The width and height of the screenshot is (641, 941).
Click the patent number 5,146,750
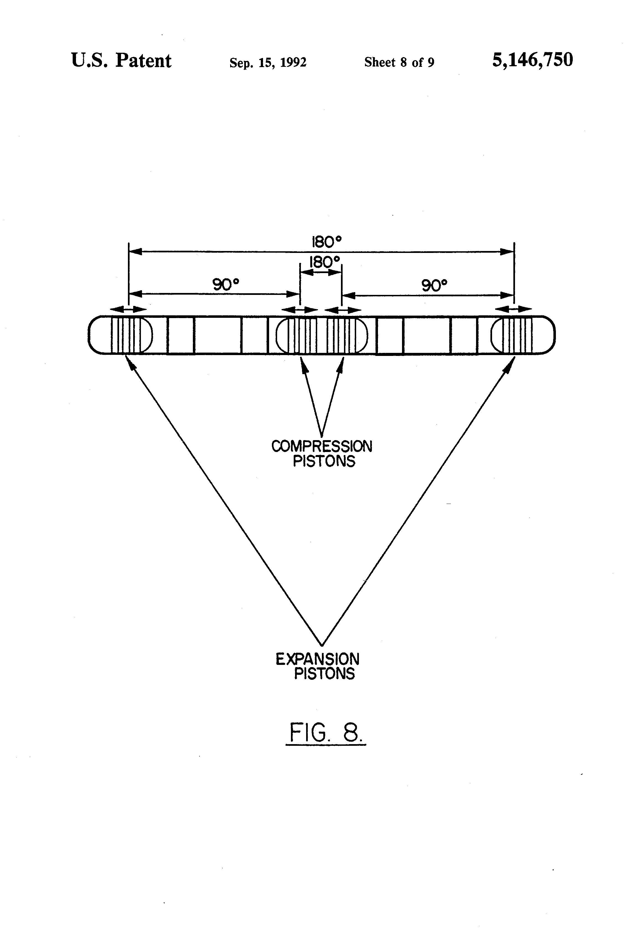[532, 60]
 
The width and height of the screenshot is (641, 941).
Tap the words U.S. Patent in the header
[121, 61]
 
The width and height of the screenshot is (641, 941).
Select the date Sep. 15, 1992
[268, 62]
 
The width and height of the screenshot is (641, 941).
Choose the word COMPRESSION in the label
[322, 446]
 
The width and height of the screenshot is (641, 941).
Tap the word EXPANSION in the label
[317, 659]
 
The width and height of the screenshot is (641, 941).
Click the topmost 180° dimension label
[326, 242]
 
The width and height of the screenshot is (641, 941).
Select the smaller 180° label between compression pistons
[324, 262]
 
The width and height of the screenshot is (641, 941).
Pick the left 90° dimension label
[226, 285]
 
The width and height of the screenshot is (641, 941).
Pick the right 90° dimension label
[434, 286]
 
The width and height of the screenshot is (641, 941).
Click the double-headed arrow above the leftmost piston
[128, 309]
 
